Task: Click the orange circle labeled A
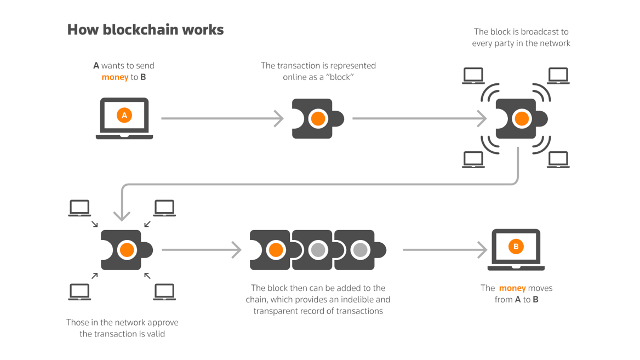click(x=124, y=115)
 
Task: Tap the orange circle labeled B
click(x=516, y=247)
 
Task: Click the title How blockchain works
click(x=145, y=30)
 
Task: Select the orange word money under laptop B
click(x=512, y=288)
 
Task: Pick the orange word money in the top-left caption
click(x=115, y=77)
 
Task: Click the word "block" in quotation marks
click(x=340, y=77)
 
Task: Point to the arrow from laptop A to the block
click(x=222, y=118)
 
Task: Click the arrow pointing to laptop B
click(x=444, y=250)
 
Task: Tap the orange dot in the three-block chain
click(x=276, y=250)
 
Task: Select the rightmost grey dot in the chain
click(x=360, y=250)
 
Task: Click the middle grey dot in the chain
click(x=318, y=250)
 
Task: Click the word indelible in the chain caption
click(x=357, y=300)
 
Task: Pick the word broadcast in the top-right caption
click(x=537, y=32)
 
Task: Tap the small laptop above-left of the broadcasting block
click(x=473, y=76)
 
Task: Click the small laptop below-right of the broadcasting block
click(x=558, y=159)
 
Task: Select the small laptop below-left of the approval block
click(x=79, y=292)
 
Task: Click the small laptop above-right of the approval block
click(x=164, y=208)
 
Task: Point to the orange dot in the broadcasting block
click(x=522, y=118)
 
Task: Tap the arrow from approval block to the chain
click(x=201, y=250)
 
